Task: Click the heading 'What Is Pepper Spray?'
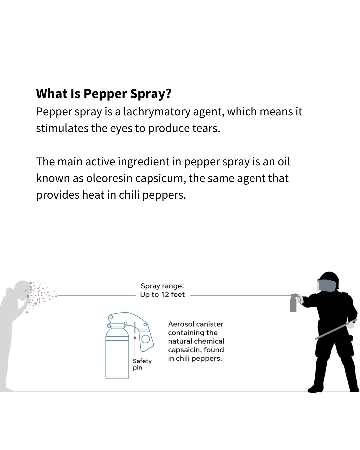[104, 94]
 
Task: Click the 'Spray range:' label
[162, 286]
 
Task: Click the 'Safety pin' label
[142, 364]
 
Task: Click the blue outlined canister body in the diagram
[117, 357]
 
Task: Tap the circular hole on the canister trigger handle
[145, 339]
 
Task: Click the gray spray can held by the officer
[293, 304]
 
